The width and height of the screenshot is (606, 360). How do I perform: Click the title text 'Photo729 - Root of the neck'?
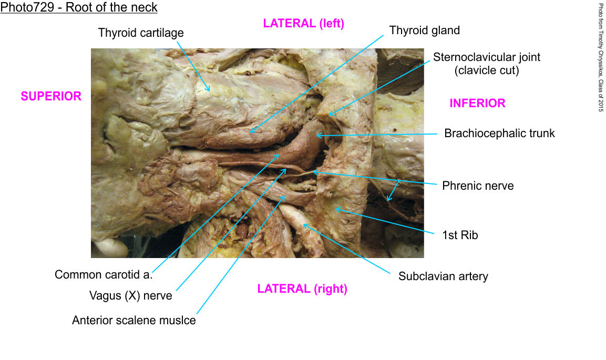pyautogui.click(x=79, y=8)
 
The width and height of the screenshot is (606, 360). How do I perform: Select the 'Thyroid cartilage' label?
pyautogui.click(x=141, y=33)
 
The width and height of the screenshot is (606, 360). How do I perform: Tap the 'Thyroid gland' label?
pyautogui.click(x=424, y=30)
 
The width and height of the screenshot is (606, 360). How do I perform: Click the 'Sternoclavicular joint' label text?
pyautogui.click(x=487, y=57)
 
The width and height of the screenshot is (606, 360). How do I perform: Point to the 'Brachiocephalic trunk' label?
pyautogui.click(x=499, y=133)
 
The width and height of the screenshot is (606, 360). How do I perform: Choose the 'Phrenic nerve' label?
pyautogui.click(x=478, y=186)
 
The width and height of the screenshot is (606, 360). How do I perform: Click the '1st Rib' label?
pyautogui.click(x=460, y=235)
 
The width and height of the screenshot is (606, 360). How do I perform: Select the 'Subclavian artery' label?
pyautogui.click(x=443, y=276)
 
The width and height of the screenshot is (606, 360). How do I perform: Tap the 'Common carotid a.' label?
pyautogui.click(x=104, y=275)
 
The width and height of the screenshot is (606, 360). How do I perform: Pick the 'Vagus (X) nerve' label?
pyautogui.click(x=130, y=296)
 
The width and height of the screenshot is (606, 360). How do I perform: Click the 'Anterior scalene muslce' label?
pyautogui.click(x=133, y=320)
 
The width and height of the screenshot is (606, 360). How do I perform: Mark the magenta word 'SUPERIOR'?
pyautogui.click(x=51, y=96)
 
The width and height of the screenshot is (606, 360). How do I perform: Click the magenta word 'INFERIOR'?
pyautogui.click(x=477, y=104)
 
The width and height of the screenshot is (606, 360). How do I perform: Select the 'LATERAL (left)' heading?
pyautogui.click(x=303, y=24)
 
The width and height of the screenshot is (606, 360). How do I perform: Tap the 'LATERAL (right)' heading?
pyautogui.click(x=302, y=289)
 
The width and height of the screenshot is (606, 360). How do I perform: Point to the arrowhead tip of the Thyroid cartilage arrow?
pyautogui.click(x=210, y=92)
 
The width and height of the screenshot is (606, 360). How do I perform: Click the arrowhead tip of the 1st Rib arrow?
pyautogui.click(x=335, y=209)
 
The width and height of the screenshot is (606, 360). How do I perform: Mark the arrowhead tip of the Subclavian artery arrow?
pyautogui.click(x=303, y=225)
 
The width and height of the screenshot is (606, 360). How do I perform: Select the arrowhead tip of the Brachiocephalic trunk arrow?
pyautogui.click(x=316, y=136)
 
